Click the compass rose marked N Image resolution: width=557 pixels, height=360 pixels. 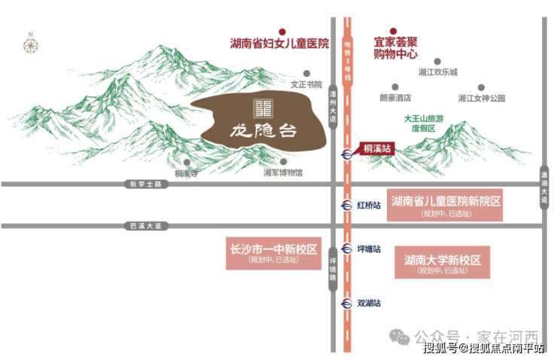tap(31, 44)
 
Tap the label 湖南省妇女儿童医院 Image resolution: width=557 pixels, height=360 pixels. tap(279, 44)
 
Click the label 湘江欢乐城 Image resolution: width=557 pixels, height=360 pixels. tap(437, 72)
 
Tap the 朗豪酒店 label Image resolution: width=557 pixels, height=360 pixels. tap(395, 98)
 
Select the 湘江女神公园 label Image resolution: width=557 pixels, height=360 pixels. tap(481, 98)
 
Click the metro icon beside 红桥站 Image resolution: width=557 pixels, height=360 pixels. tap(346, 204)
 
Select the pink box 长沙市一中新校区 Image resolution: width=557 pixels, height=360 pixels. tap(272, 253)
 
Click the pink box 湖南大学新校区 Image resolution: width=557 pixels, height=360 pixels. tap(442, 263)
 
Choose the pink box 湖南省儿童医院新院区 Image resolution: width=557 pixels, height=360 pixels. tap(445, 206)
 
